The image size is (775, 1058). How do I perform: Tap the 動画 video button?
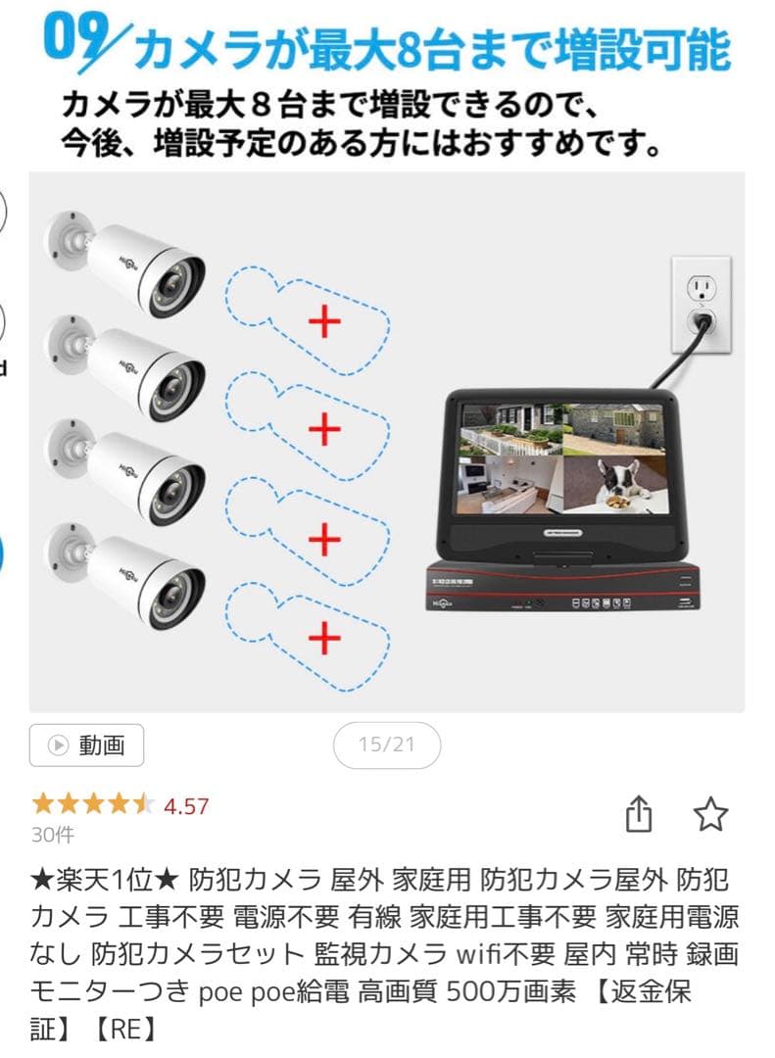pyautogui.click(x=86, y=745)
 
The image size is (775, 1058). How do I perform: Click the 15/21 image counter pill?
pyautogui.click(x=386, y=745)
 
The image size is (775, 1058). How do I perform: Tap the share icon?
pyautogui.click(x=638, y=813)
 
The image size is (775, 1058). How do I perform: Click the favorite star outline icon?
pyautogui.click(x=710, y=813)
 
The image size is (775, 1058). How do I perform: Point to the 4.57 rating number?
pyautogui.click(x=186, y=806)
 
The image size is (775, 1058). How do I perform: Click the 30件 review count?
pyautogui.click(x=52, y=835)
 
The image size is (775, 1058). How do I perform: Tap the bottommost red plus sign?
pyautogui.click(x=324, y=640)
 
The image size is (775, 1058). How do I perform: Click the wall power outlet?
pyautogui.click(x=701, y=304)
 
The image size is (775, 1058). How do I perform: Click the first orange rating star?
pyautogui.click(x=43, y=806)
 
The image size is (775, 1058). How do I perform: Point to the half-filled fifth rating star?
pyautogui.click(x=143, y=806)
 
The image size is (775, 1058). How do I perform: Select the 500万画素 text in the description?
pyautogui.click(x=510, y=991)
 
